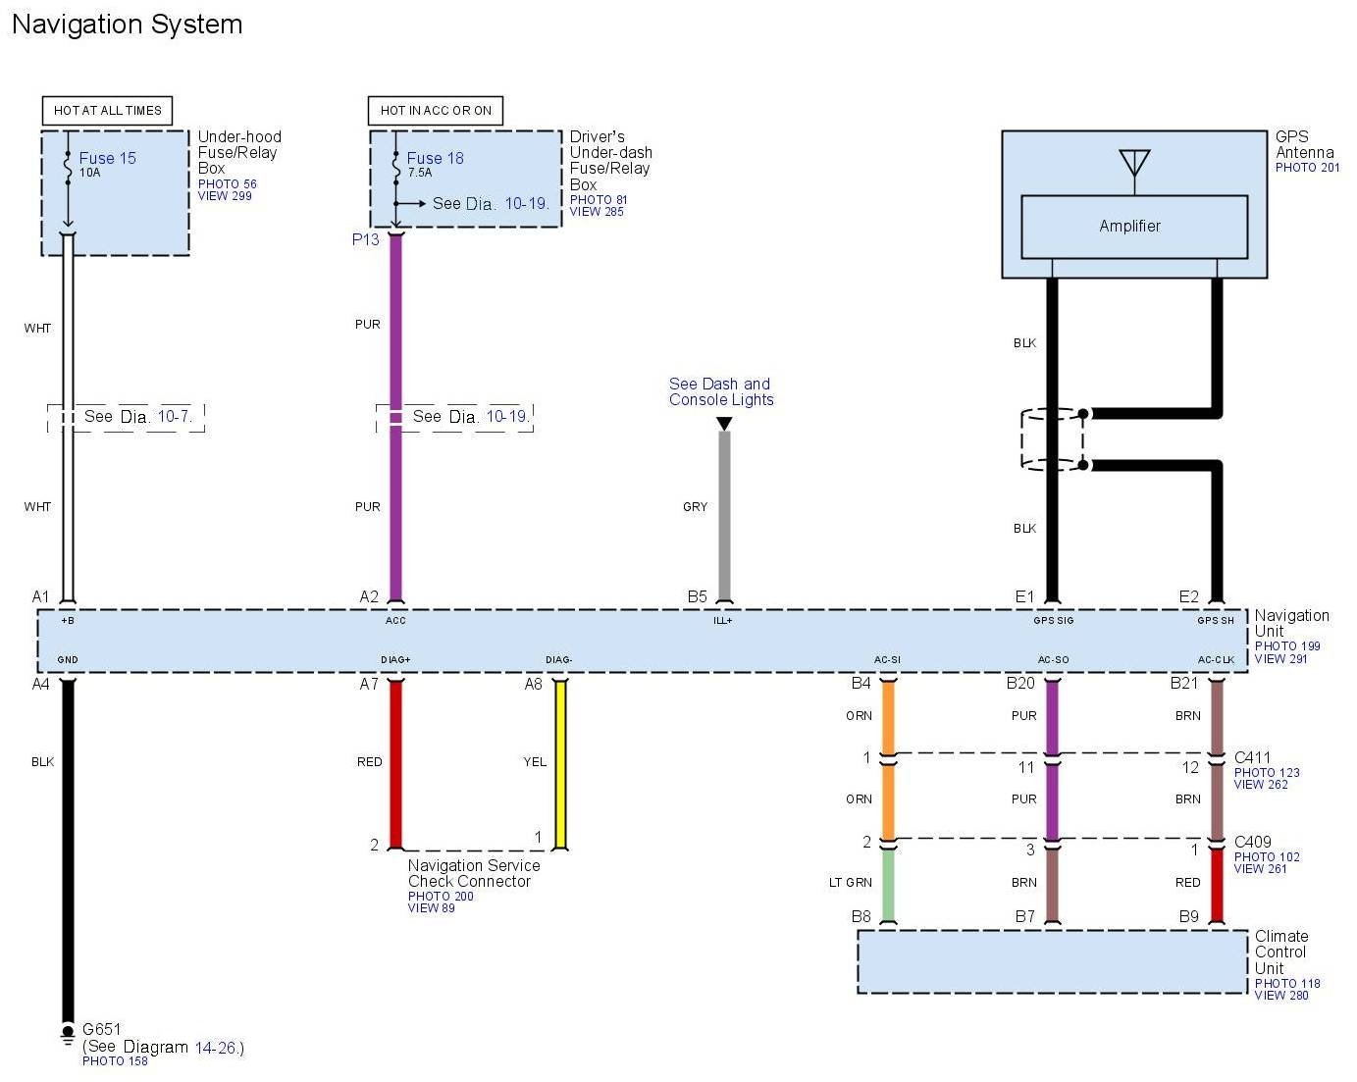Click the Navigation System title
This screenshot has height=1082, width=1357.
127,25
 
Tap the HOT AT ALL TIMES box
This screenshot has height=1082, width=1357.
107,110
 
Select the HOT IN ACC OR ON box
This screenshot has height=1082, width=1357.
435,110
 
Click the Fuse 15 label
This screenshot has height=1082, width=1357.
107,158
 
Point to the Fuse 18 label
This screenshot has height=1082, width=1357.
435,158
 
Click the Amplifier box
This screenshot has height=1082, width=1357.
1133,227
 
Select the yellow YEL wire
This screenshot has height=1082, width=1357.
560,765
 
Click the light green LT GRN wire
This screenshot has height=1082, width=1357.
887,886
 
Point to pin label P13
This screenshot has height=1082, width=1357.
366,239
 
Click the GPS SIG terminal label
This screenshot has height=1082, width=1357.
1053,620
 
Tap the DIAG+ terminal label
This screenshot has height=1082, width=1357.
395,659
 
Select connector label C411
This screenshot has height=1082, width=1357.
1252,757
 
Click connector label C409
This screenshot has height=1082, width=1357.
1252,842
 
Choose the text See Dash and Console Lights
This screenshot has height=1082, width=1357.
721,391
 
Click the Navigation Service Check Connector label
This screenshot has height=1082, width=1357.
474,873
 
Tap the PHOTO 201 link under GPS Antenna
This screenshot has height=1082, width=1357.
1307,168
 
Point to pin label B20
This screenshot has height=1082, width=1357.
1020,683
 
